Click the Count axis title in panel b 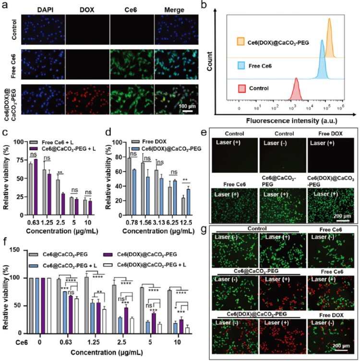coord(210,62)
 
